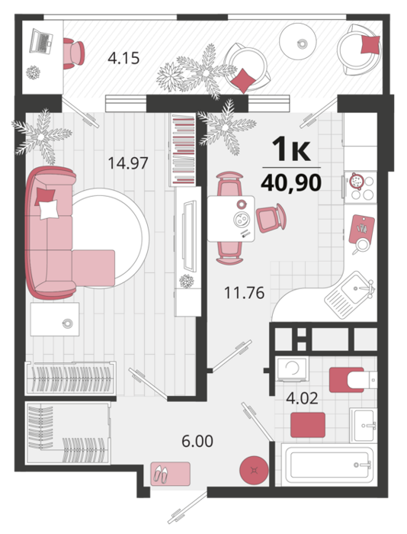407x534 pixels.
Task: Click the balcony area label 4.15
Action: [x=123, y=58]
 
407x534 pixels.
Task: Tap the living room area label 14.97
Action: [x=128, y=162]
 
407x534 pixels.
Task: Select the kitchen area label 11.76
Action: [x=245, y=292]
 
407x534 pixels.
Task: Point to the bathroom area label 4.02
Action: [x=302, y=397]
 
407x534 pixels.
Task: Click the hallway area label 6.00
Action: [x=197, y=441]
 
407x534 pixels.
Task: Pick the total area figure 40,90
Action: [x=291, y=182]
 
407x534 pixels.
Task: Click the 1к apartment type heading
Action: [x=292, y=149]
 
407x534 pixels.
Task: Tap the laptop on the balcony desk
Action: [x=41, y=41]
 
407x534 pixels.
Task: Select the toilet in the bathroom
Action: [x=353, y=379]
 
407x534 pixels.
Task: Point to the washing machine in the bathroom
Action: [x=292, y=368]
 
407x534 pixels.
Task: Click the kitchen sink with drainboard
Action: [x=350, y=294]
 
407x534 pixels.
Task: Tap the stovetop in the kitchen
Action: [x=361, y=187]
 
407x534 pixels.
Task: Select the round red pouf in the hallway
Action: [x=254, y=471]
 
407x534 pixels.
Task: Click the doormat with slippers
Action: [x=170, y=474]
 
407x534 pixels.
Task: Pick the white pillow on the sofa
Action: [x=48, y=210]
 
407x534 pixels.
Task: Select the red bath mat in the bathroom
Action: [x=308, y=425]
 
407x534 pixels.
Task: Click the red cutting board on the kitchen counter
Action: [x=362, y=229]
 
